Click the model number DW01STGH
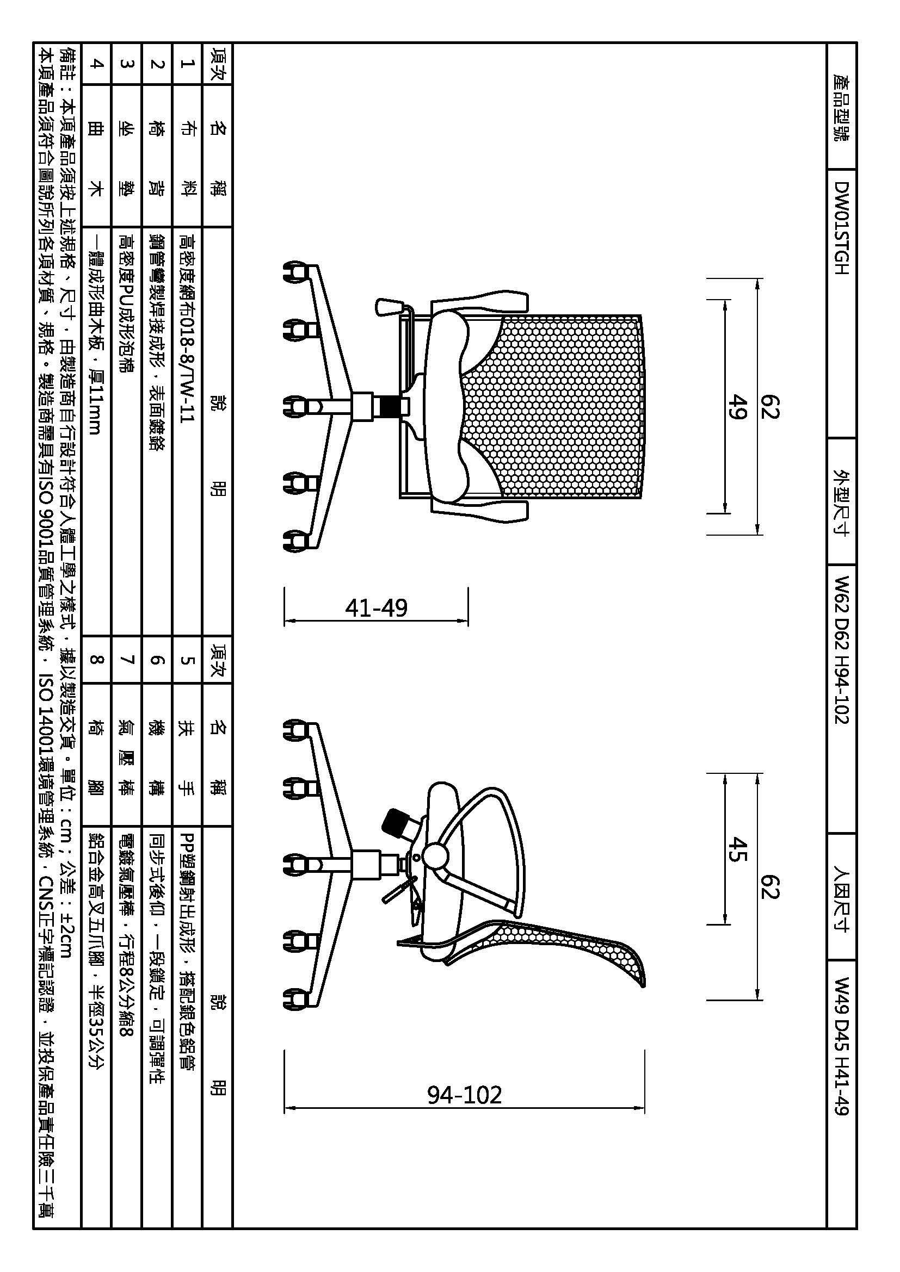841,228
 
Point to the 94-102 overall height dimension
464,1095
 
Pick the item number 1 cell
187,64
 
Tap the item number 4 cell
96,64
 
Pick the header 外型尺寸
841,502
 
